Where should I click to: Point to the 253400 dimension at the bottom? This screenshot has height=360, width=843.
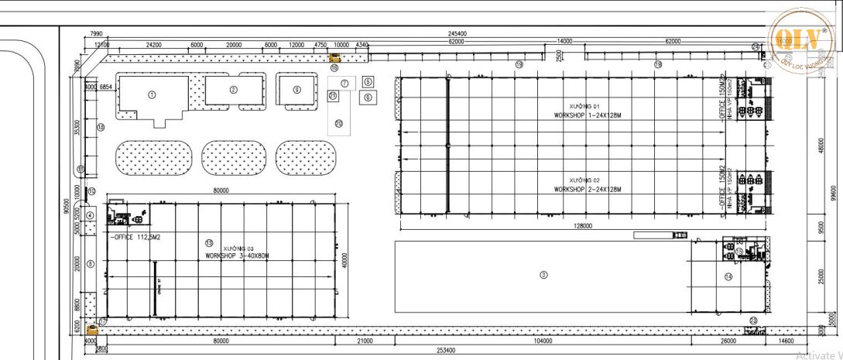[445, 350]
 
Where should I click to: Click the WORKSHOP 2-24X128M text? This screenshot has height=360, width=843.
[588, 189]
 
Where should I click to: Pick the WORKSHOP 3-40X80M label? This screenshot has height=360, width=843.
[237, 255]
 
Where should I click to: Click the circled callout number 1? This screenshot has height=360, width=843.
[152, 94]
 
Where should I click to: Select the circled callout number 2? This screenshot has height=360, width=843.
[233, 90]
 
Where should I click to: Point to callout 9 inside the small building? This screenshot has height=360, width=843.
[296, 89]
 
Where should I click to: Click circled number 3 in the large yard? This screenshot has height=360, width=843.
[543, 274]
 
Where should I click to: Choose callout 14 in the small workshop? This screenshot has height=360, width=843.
[728, 276]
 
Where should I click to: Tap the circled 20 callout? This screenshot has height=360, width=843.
[338, 123]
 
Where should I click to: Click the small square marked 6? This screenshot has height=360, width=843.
[368, 98]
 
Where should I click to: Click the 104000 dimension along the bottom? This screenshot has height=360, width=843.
[543, 341]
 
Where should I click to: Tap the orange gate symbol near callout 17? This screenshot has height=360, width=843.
[94, 329]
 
